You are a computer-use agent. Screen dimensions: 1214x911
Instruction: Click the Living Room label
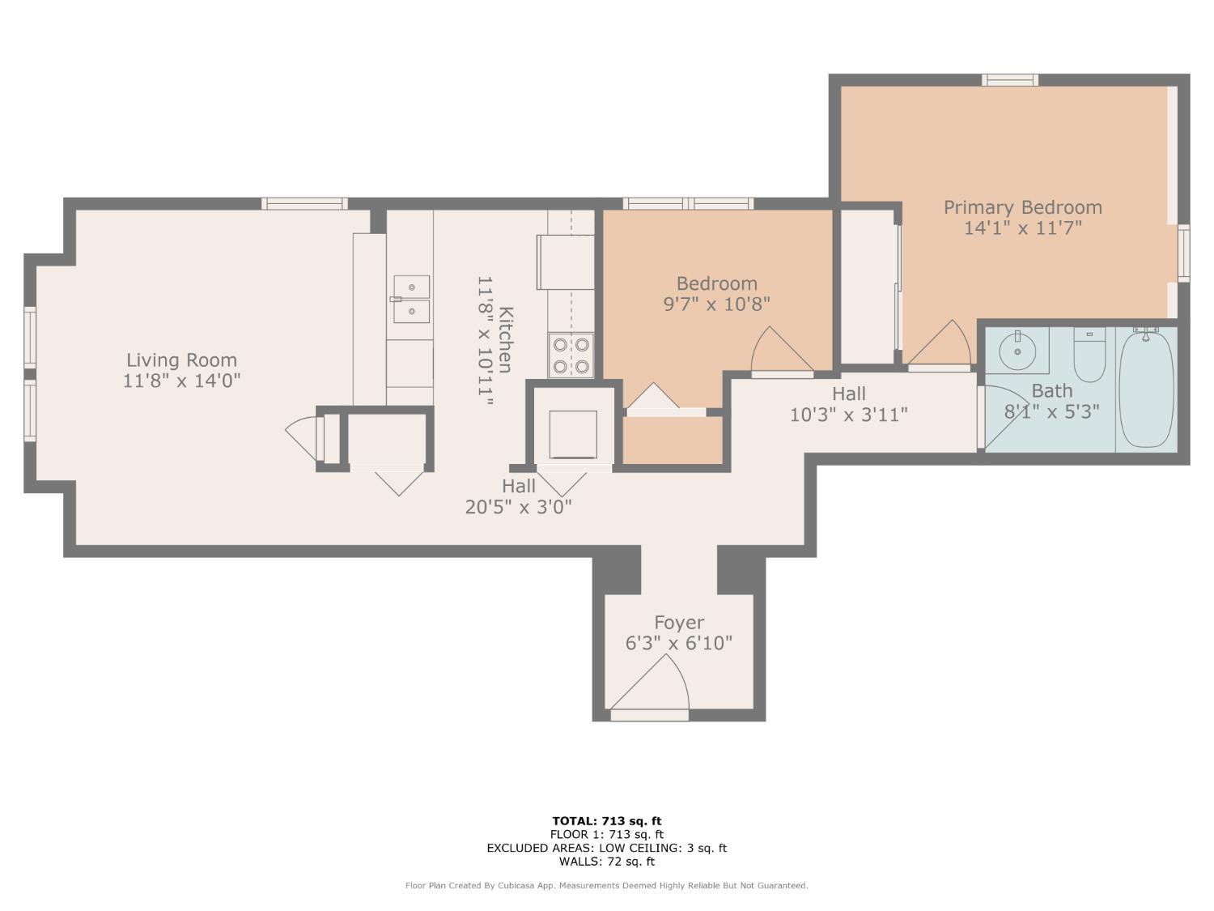click(181, 360)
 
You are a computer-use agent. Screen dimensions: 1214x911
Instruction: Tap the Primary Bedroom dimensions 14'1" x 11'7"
click(1023, 228)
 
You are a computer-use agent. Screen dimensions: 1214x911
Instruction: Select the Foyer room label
click(678, 623)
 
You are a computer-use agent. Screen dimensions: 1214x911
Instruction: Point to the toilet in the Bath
click(1089, 354)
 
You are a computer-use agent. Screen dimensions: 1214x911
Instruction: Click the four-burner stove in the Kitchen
click(571, 355)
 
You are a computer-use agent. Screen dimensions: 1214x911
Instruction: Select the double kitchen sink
click(411, 300)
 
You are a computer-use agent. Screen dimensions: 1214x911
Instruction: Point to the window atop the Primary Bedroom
click(1010, 80)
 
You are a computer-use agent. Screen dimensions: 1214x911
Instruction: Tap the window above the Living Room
click(305, 203)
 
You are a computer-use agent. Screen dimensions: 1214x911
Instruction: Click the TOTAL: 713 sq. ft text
click(607, 821)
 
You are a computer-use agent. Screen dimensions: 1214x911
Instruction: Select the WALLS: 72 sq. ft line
click(607, 862)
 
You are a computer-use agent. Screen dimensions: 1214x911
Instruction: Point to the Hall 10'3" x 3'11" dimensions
click(848, 415)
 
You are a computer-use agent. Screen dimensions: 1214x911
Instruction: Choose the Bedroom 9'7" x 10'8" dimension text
click(717, 304)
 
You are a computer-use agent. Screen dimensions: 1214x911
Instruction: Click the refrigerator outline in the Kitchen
click(565, 262)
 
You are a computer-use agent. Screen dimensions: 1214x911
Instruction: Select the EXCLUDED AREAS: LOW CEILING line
click(607, 848)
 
